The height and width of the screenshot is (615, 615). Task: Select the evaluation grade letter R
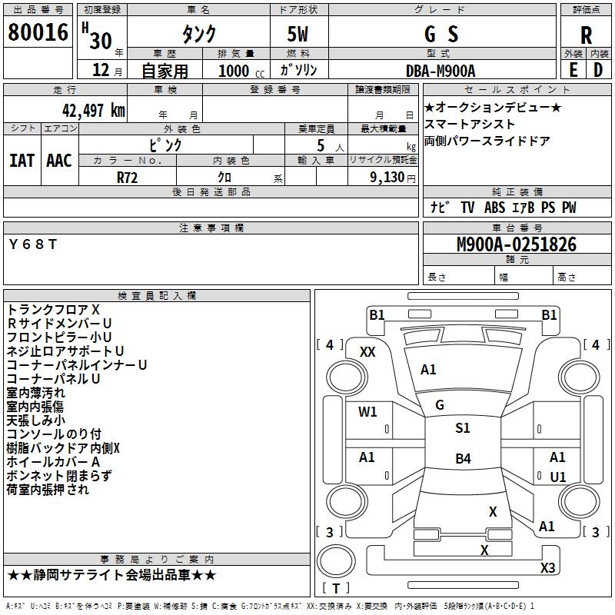click(586, 35)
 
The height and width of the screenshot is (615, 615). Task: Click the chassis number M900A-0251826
click(517, 245)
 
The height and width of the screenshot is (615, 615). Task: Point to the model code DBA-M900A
click(441, 71)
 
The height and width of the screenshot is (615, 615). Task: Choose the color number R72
click(127, 177)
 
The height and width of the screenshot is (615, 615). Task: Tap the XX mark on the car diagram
click(367, 351)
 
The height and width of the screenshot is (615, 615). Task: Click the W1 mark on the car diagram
click(367, 412)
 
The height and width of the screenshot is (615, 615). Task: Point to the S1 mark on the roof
click(462, 428)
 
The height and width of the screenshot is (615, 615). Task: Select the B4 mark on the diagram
click(462, 459)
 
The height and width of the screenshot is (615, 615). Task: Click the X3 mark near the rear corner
click(547, 568)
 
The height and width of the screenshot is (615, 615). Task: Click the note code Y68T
click(32, 244)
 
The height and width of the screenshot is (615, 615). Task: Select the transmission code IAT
click(22, 161)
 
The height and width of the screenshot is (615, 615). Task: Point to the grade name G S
click(441, 35)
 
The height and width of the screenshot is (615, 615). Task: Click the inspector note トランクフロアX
click(53, 309)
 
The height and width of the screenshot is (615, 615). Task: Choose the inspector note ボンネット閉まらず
click(59, 476)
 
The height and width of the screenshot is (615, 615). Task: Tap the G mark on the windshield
click(440, 405)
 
